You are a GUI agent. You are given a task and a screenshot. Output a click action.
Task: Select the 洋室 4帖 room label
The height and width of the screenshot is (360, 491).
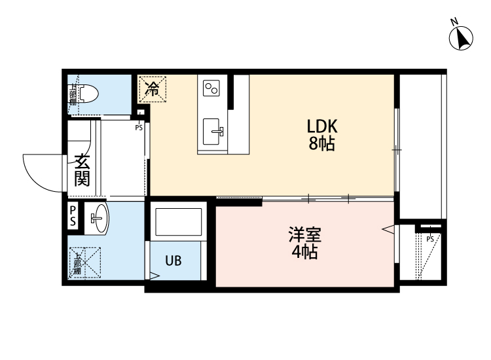305,243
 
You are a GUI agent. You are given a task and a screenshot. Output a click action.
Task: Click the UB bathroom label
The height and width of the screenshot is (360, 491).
173,261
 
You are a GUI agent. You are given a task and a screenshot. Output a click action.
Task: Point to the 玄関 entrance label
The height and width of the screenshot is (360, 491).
82,170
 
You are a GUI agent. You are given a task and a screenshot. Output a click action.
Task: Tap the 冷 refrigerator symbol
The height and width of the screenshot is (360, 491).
153,88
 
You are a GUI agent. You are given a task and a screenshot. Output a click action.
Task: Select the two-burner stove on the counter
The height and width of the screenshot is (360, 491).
212,88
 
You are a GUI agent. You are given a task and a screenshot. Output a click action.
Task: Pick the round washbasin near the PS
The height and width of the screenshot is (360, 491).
99,217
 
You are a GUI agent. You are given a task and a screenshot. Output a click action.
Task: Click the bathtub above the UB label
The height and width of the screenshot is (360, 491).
178,223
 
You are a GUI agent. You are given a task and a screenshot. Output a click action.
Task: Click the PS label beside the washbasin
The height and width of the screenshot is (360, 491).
73,217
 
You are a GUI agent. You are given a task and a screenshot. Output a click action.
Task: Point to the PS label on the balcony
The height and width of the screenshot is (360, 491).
429,238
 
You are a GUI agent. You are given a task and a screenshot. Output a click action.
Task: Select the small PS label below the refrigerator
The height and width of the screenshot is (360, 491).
139,128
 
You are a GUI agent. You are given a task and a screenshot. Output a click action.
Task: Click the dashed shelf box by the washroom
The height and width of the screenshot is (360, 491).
86,261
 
